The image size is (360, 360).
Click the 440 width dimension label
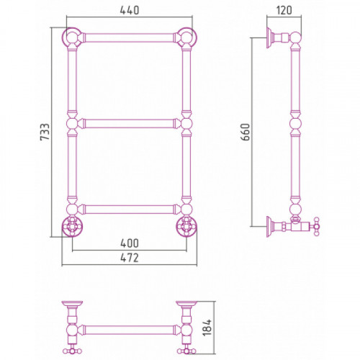[x=130, y=10]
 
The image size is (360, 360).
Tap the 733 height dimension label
[x=45, y=132]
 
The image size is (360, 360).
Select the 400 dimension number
[x=130, y=243]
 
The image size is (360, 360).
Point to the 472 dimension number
[x=130, y=258]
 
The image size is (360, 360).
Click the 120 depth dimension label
[x=284, y=10]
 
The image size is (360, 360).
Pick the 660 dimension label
[x=246, y=132]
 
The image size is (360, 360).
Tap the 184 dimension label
[x=207, y=328]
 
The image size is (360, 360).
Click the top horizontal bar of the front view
[x=130, y=38]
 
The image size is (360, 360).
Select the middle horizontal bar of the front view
[x=130, y=124]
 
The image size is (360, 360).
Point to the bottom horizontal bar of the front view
[x=130, y=210]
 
